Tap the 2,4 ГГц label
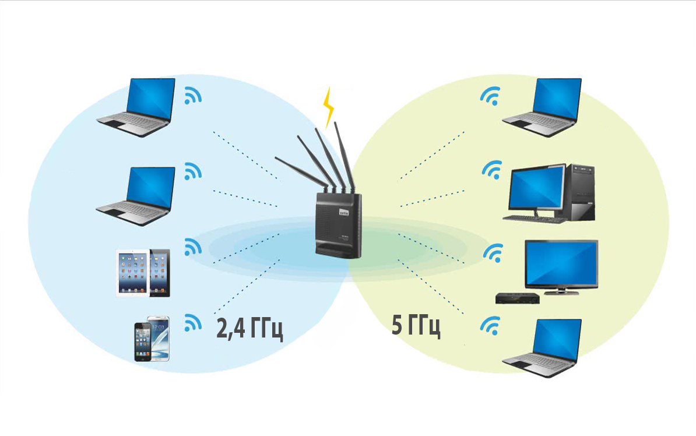249,329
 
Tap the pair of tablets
143,273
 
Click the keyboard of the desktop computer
532,219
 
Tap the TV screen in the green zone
561,262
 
